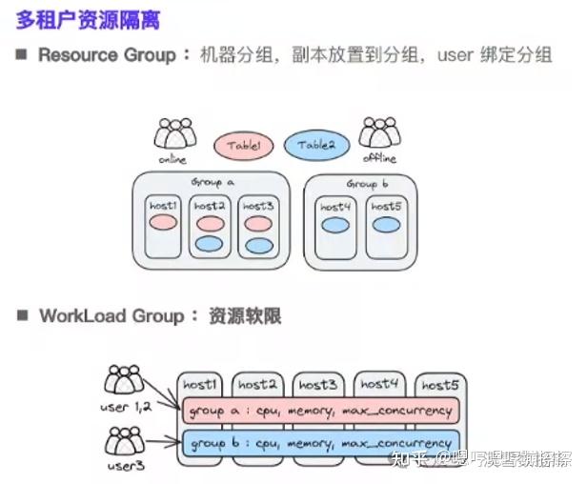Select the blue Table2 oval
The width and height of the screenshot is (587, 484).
coord(316,145)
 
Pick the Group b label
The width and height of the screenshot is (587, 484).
coord(368,183)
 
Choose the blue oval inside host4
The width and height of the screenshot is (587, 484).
coord(334,226)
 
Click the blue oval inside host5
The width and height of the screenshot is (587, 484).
coord(385,226)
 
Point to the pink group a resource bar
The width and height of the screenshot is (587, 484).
coord(320,411)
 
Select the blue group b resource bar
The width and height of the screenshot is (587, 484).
coord(320,443)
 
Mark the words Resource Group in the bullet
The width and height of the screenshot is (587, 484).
coord(107,55)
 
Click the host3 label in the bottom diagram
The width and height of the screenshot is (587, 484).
coord(317,385)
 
